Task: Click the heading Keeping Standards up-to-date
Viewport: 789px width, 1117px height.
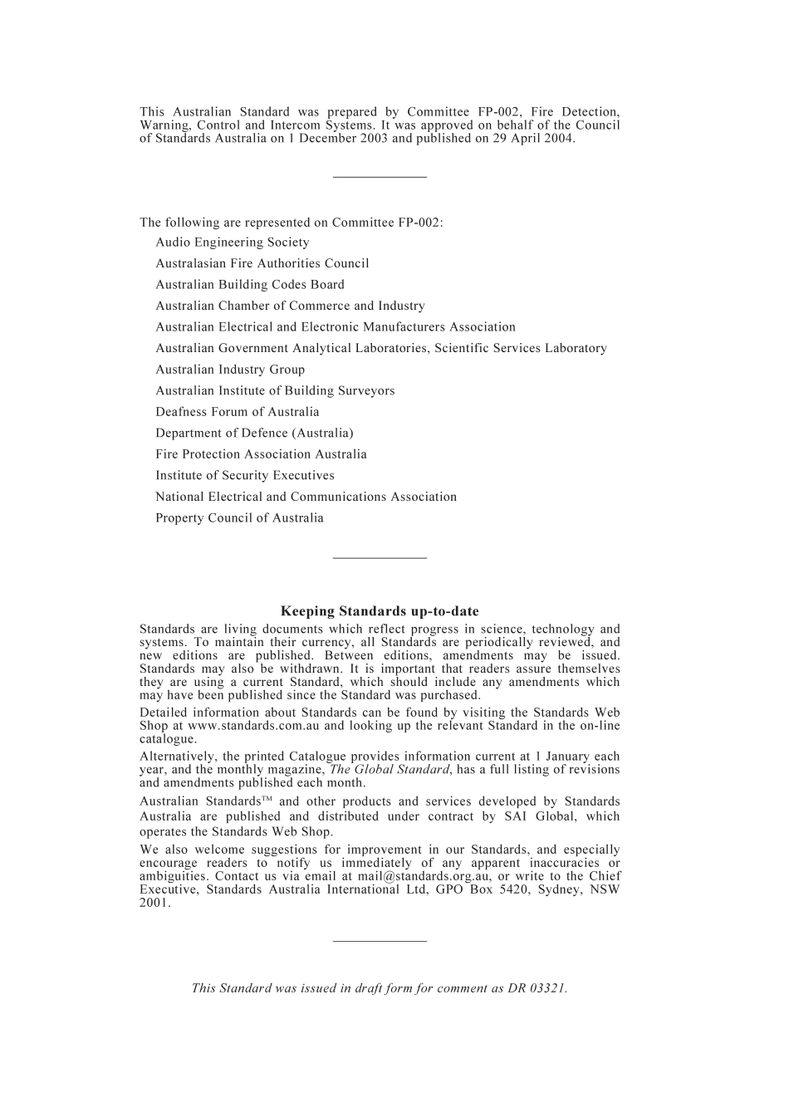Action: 380,611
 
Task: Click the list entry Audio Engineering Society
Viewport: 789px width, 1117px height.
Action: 232,243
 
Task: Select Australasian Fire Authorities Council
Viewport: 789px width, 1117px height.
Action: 262,263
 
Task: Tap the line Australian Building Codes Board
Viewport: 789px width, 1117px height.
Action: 249,285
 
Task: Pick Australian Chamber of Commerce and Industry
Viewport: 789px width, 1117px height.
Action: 290,306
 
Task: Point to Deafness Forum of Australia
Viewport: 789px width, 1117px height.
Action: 237,412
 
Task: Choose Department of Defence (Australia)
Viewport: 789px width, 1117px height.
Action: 254,433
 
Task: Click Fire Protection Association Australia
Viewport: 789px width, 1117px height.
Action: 261,454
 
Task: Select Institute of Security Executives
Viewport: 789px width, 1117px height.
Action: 244,476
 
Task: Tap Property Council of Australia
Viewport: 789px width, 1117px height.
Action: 239,518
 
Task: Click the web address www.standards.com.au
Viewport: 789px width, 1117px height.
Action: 254,726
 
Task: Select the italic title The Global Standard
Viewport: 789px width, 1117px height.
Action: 390,770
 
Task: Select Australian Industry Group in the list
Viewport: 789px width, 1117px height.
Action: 230,370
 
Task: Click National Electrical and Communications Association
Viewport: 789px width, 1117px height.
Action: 306,497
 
